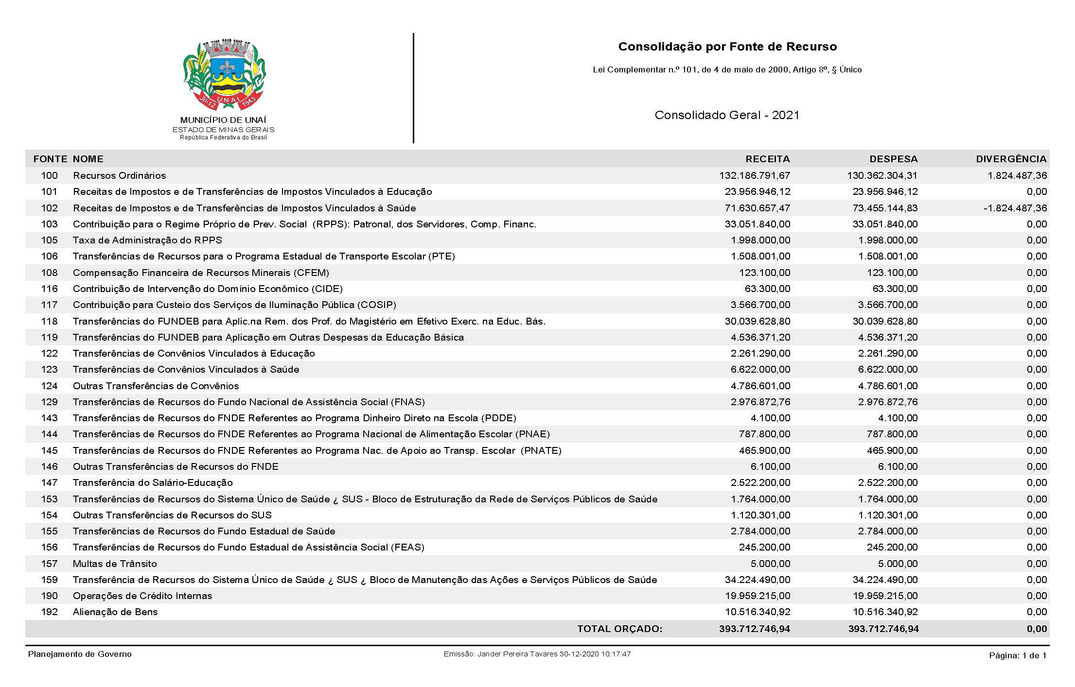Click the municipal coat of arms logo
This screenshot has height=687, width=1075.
(x=224, y=75)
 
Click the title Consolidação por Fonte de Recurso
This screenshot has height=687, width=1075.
(x=727, y=47)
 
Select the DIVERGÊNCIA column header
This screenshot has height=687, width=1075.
(x=1011, y=159)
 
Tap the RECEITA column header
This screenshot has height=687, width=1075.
(x=767, y=159)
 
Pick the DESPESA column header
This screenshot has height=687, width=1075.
(x=893, y=159)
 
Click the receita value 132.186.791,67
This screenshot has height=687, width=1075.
(x=755, y=175)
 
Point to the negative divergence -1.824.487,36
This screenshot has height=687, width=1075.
(x=1015, y=208)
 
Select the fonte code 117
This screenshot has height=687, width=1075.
(x=49, y=305)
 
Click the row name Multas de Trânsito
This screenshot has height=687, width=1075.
(x=115, y=564)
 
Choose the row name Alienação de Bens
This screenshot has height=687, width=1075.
(x=115, y=612)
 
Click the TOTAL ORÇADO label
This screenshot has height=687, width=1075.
(x=619, y=629)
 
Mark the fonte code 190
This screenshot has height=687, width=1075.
(x=49, y=596)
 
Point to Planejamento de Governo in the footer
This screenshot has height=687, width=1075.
(x=80, y=654)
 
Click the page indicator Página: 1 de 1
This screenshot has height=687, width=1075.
(x=1017, y=655)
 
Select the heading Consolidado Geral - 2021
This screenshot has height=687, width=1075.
(x=727, y=115)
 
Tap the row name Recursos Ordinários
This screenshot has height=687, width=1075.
(x=119, y=175)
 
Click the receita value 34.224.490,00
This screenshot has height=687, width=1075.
(x=757, y=580)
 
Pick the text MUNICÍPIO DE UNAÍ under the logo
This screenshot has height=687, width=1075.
(x=223, y=120)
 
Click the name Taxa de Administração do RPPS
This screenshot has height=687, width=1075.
(x=147, y=240)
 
